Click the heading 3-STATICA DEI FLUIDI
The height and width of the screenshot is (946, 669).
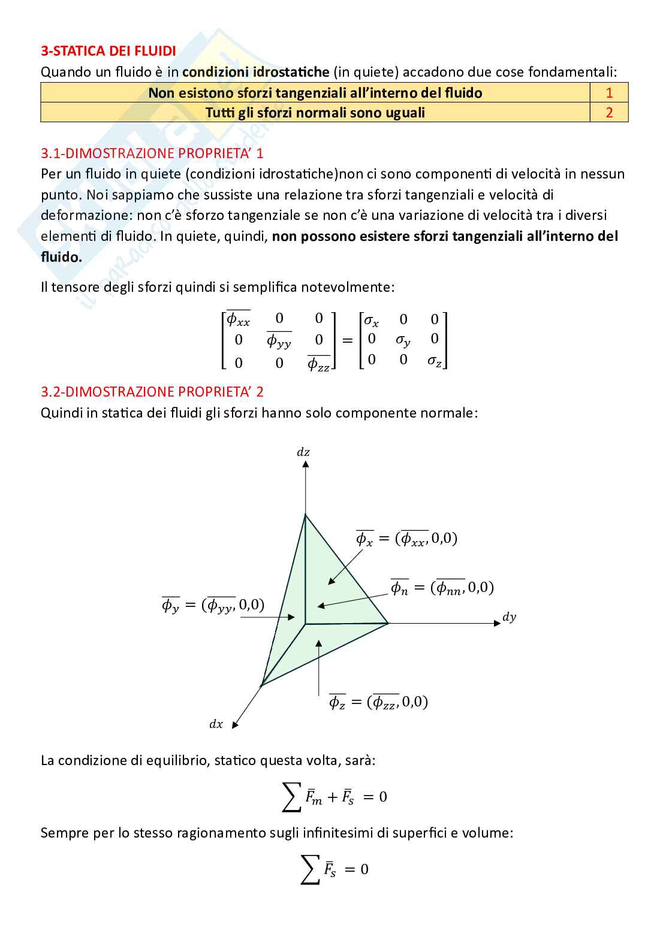[x=109, y=51]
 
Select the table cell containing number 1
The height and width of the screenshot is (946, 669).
[x=609, y=93]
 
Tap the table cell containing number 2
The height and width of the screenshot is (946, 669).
[x=609, y=113]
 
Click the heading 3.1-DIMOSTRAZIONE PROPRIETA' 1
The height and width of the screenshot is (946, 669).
[x=152, y=153]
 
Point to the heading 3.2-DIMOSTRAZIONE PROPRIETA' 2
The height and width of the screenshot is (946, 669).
[x=152, y=392]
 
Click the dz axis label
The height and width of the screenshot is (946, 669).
[x=303, y=452]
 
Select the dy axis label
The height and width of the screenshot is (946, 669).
[x=509, y=617]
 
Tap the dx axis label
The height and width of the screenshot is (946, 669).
[x=216, y=724]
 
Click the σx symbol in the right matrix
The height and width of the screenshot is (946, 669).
[x=372, y=321]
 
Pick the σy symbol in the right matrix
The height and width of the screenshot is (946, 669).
[x=403, y=340]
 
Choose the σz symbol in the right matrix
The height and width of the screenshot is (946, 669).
[x=435, y=361]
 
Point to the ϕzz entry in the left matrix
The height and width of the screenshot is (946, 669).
[x=318, y=363]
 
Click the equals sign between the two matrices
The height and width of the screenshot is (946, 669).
[x=347, y=340]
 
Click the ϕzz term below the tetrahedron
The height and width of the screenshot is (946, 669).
[x=384, y=702]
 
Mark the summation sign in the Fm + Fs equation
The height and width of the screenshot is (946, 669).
[x=291, y=797]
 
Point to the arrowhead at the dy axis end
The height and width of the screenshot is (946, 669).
[x=497, y=623]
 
